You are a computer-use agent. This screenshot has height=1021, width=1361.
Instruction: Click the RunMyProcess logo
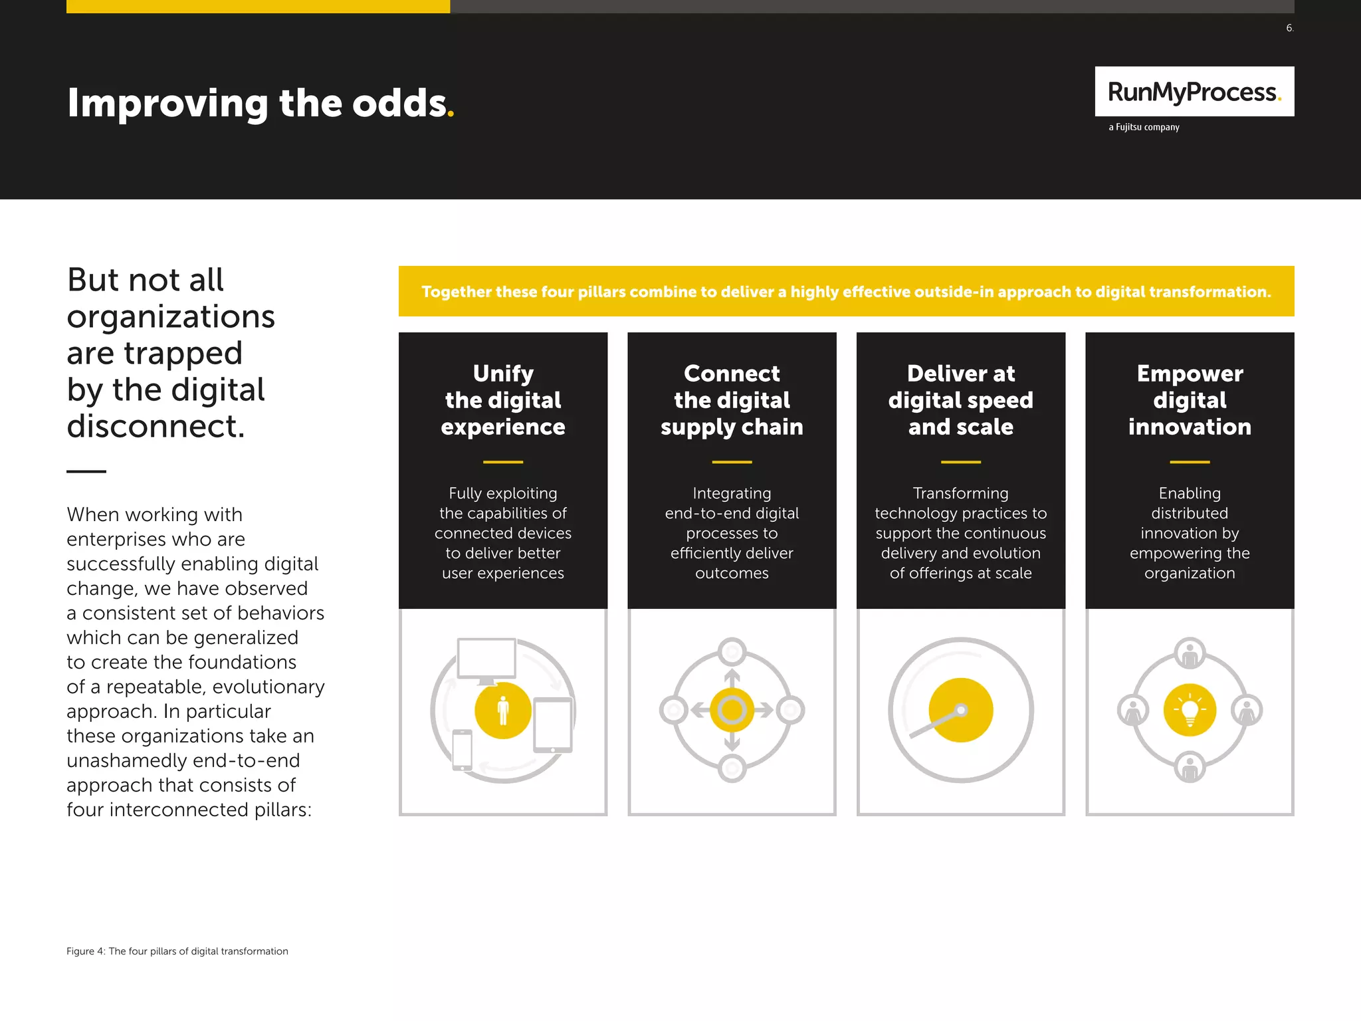(1194, 92)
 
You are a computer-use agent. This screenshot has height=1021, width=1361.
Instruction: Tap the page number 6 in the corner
(1289, 28)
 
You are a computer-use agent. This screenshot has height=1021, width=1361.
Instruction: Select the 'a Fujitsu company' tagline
(1144, 127)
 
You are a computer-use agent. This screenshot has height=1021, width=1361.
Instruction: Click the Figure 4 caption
(177, 951)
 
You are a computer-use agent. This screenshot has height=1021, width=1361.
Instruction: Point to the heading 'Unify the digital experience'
(503, 400)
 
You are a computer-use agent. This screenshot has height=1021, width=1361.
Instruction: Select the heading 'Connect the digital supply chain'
(732, 400)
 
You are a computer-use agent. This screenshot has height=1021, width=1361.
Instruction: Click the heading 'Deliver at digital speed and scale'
(960, 400)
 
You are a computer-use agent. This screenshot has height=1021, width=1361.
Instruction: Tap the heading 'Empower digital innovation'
(1190, 400)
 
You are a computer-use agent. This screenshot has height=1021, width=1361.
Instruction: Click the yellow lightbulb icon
(1190, 710)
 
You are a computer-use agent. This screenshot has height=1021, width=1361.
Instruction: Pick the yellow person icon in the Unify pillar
(503, 710)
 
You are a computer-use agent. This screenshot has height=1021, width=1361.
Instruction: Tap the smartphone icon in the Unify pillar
(462, 750)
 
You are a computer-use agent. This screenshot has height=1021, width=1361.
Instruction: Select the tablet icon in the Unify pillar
(553, 725)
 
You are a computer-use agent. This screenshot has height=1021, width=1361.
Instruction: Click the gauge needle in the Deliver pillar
(936, 723)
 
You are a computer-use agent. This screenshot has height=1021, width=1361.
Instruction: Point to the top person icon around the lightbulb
(1190, 654)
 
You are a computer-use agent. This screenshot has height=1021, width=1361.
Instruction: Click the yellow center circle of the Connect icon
(732, 710)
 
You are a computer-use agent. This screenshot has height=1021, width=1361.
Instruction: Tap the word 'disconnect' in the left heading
(156, 426)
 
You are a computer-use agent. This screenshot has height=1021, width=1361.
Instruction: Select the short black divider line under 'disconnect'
(86, 471)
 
